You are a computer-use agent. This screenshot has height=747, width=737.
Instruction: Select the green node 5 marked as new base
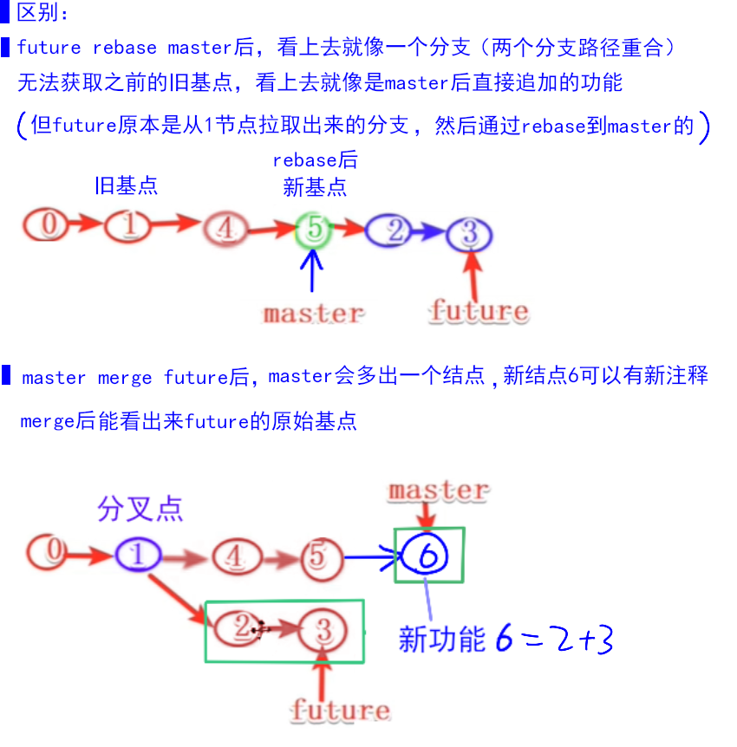tap(314, 230)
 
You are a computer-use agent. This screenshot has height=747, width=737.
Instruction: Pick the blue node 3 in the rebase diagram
tap(469, 234)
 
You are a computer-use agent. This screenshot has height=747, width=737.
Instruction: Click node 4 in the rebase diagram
tap(225, 230)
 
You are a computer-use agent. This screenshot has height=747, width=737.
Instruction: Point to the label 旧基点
tap(127, 185)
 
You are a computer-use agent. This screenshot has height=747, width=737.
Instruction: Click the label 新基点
tap(315, 186)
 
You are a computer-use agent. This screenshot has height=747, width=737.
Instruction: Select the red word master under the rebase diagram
tap(314, 313)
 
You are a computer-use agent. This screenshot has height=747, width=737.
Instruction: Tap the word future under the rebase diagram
tap(478, 310)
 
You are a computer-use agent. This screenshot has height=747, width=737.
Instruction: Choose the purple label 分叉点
tap(140, 509)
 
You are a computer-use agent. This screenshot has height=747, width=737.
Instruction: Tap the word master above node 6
tap(438, 490)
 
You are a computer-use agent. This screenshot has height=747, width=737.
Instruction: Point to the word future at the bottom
tap(340, 711)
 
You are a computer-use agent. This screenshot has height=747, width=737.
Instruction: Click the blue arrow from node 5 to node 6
tap(371, 557)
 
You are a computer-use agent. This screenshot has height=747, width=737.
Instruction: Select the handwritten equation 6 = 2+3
tap(555, 640)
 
